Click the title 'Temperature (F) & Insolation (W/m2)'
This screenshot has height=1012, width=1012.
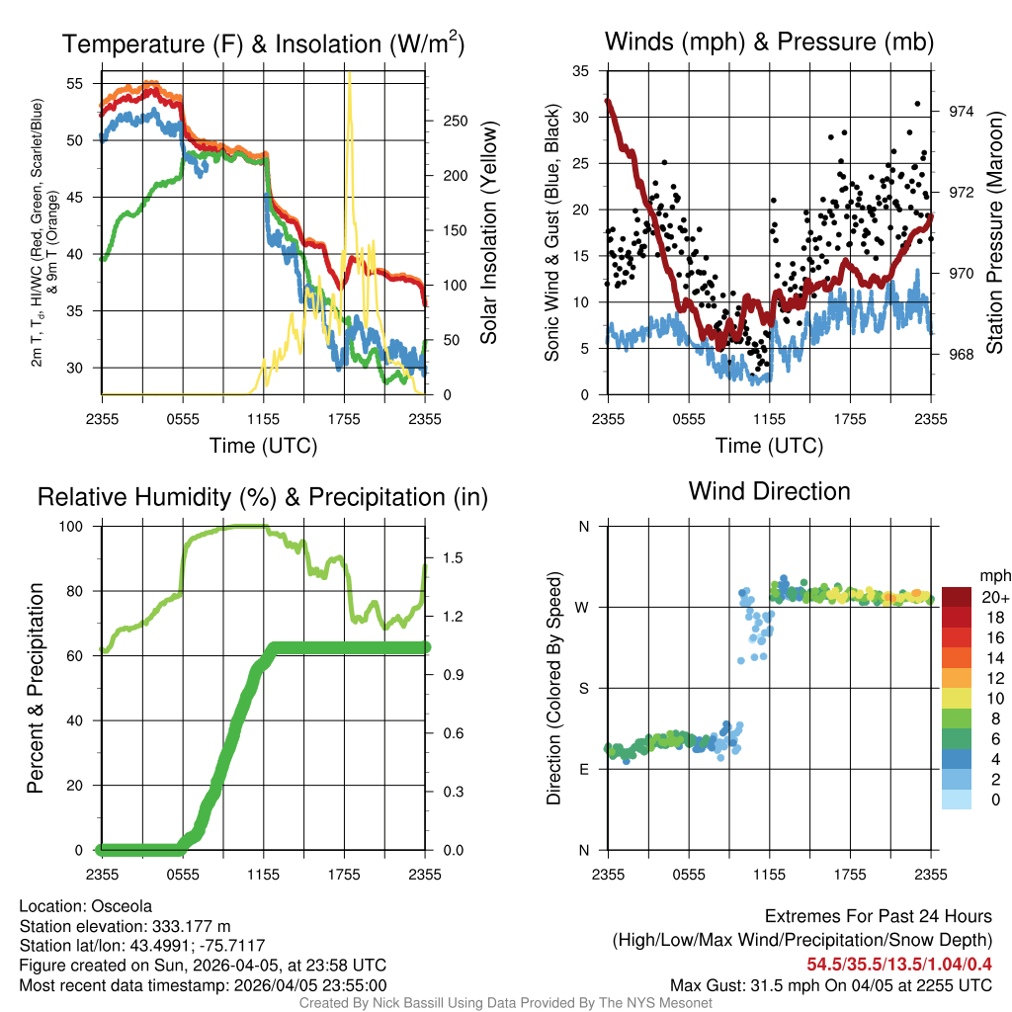pos(263,43)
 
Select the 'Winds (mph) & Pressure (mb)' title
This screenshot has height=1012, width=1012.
pos(769,42)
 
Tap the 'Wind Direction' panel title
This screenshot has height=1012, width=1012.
pos(769,491)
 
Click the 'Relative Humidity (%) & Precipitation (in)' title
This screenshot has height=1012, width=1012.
pos(263,497)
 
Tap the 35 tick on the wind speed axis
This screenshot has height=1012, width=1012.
pos(583,71)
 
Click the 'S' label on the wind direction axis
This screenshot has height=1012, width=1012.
pos(583,688)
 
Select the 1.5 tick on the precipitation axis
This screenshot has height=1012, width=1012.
pos(454,558)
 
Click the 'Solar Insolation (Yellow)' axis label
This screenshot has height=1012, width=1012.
pos(488,233)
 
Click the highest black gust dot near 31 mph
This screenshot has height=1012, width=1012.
pos(917,104)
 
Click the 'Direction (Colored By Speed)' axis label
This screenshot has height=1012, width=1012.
pos(553,688)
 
